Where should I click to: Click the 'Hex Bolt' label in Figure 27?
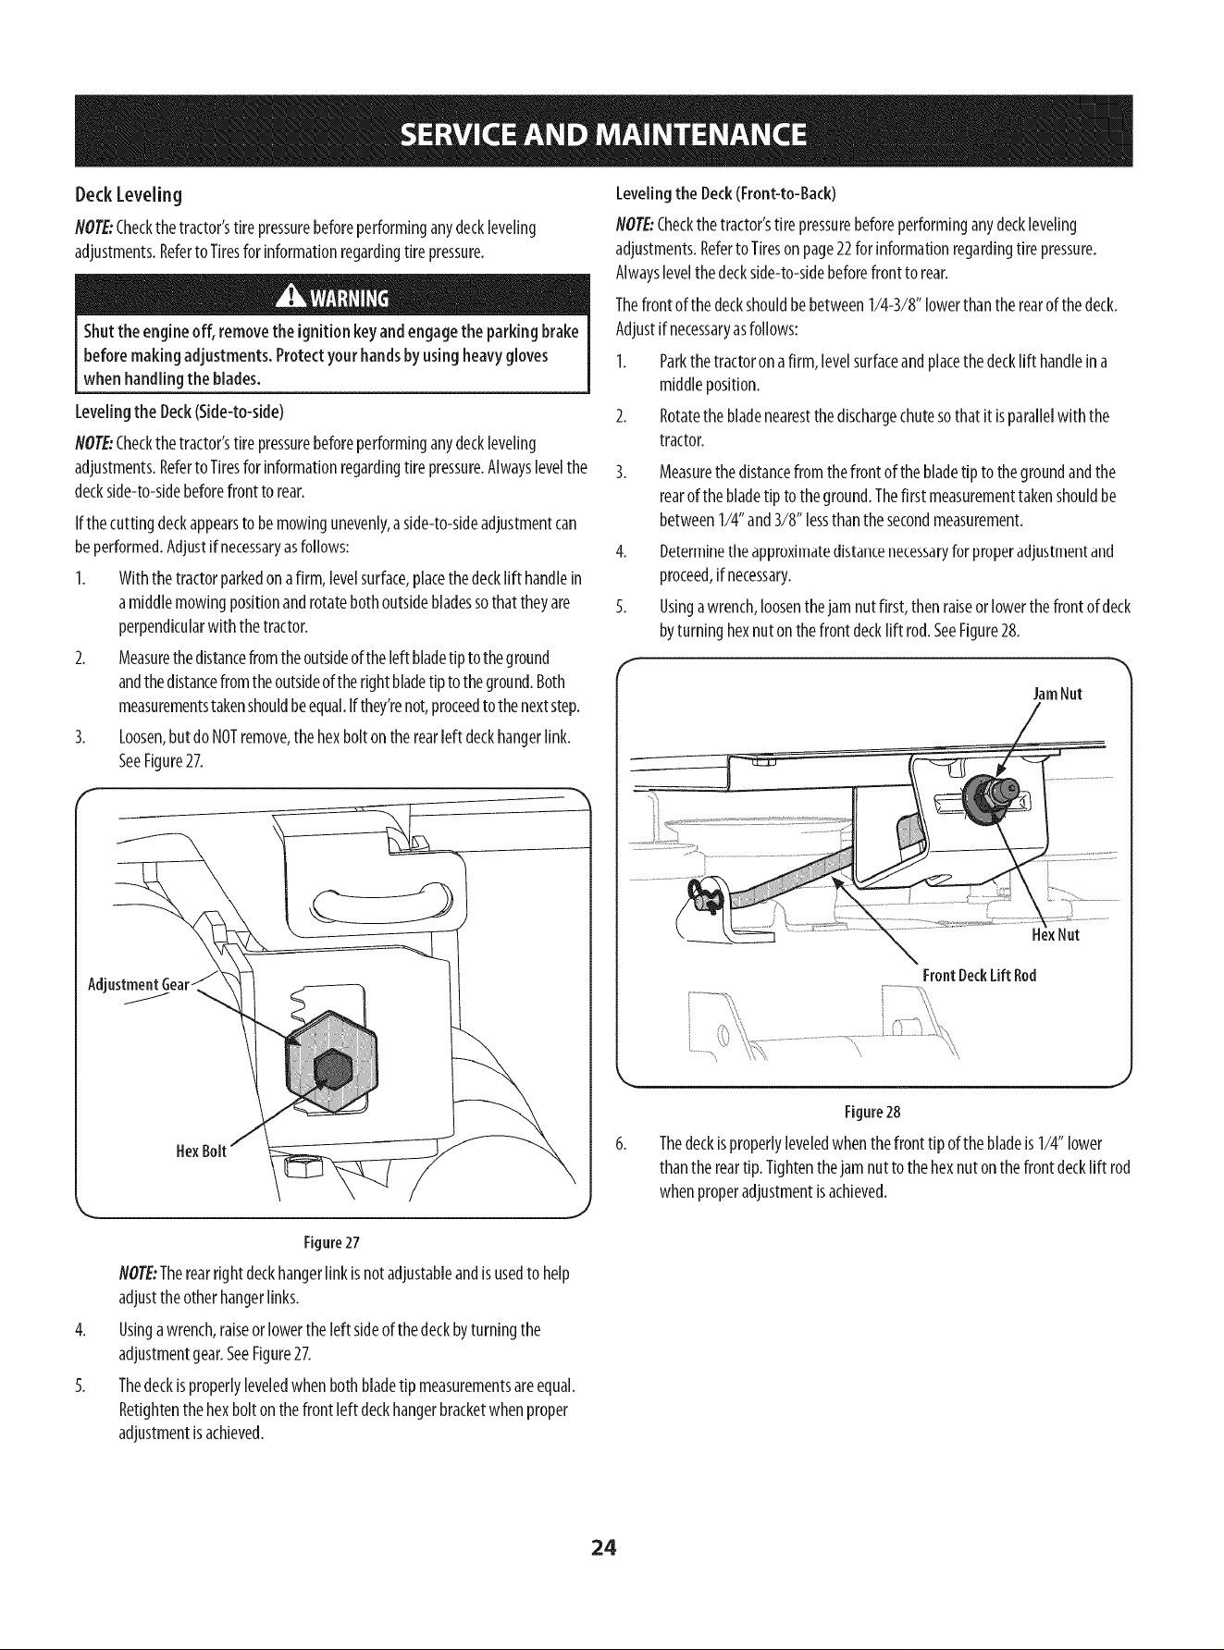tap(201, 1151)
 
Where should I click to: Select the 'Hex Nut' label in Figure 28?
tap(1056, 935)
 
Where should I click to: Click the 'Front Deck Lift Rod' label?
tap(979, 976)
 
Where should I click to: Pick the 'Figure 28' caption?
tap(872, 1110)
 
